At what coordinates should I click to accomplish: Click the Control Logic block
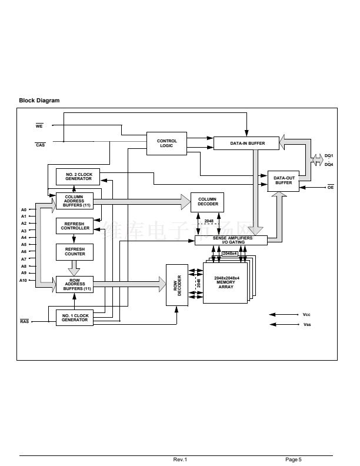pyautogui.click(x=167, y=143)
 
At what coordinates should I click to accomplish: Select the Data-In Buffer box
pyautogui.click(x=247, y=143)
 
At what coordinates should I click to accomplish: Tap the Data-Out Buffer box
pyautogui.click(x=284, y=180)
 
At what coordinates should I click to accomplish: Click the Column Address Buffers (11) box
pyautogui.click(x=74, y=201)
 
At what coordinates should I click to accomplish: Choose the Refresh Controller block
pyautogui.click(x=74, y=226)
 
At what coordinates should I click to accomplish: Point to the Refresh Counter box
pyautogui.click(x=74, y=251)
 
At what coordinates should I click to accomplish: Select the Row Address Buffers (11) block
pyautogui.click(x=74, y=284)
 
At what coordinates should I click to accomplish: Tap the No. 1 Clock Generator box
pyautogui.click(x=74, y=317)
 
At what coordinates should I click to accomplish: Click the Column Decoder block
pyautogui.click(x=207, y=201)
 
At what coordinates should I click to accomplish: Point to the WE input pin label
pyautogui.click(x=39, y=125)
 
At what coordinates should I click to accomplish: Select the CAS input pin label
pyautogui.click(x=40, y=144)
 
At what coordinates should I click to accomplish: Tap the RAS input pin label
pyautogui.click(x=25, y=321)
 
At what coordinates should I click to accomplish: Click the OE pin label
pyautogui.click(x=330, y=187)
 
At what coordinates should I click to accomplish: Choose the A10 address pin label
pyautogui.click(x=24, y=280)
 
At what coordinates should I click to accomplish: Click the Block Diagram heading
pyautogui.click(x=39, y=101)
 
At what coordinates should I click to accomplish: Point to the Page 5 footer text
pyautogui.click(x=294, y=459)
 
